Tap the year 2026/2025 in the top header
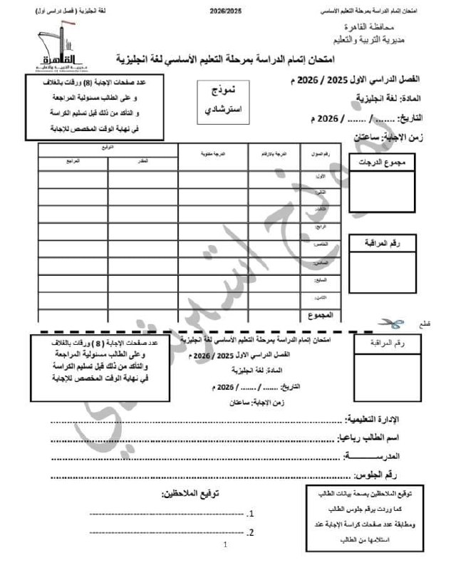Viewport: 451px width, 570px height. coord(226,12)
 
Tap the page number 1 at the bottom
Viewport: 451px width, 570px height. coord(225,546)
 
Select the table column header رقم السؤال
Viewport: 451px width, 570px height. coord(316,155)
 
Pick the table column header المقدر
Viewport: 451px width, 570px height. coord(142,162)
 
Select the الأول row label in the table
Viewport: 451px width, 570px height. coord(320,175)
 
